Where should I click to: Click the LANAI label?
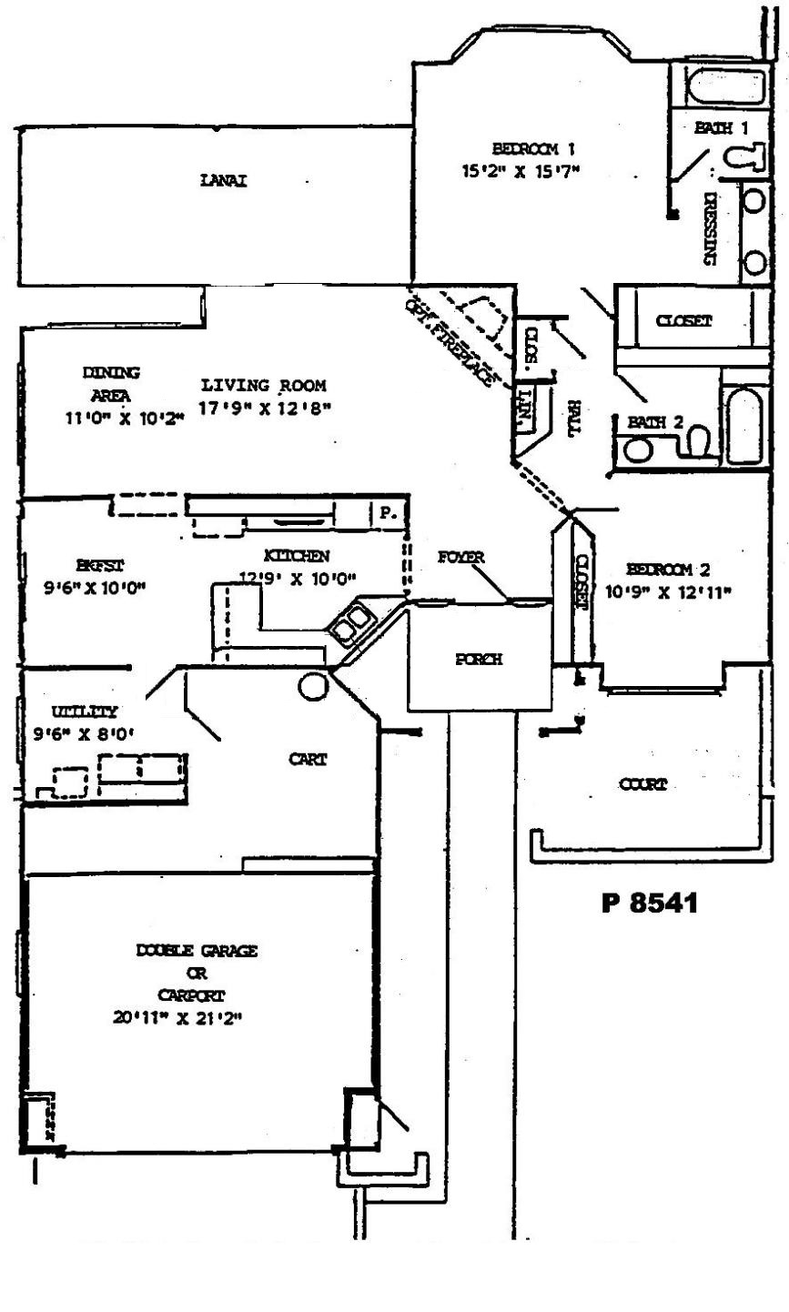(x=224, y=180)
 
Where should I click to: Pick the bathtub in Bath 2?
(x=743, y=425)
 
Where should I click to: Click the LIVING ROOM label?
(x=264, y=385)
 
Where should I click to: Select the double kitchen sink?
(x=351, y=623)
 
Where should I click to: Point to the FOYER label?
(x=461, y=557)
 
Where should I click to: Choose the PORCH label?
(x=478, y=660)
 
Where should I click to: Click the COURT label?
(x=642, y=783)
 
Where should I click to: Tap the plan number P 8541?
(x=650, y=903)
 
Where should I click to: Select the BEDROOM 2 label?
(x=669, y=570)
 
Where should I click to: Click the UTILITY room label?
(x=84, y=712)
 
